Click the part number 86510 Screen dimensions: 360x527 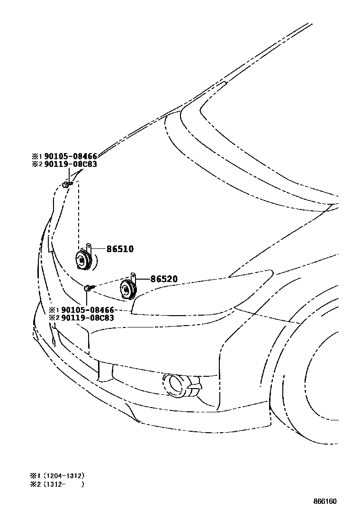(120, 249)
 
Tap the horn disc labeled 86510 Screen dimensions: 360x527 (83, 259)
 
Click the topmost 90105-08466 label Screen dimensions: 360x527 (71, 156)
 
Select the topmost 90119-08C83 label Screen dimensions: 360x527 (71, 164)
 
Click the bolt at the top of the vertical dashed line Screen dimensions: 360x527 (67, 184)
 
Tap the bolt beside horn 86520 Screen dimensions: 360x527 (89, 288)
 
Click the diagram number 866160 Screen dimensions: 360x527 (324, 501)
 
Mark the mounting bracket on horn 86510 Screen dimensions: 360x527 (89, 246)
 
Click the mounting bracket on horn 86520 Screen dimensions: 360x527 (133, 276)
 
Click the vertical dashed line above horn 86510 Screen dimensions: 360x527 (79, 213)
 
